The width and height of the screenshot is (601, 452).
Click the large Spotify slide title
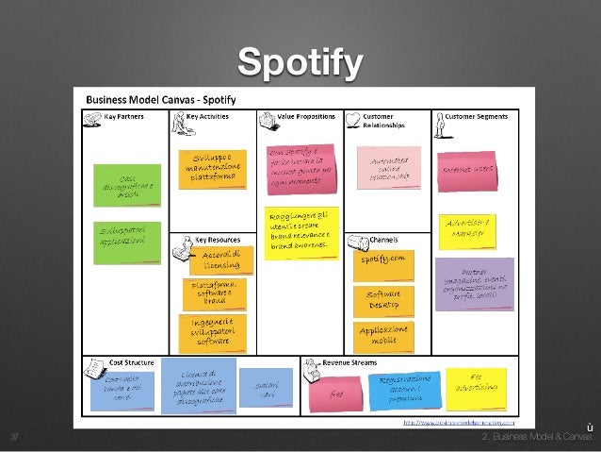click(300, 63)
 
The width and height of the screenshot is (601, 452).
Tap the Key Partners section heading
click(125, 117)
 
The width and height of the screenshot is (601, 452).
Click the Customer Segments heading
click(476, 117)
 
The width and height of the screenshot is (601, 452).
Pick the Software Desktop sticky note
click(383, 300)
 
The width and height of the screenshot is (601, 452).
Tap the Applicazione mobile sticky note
click(383, 336)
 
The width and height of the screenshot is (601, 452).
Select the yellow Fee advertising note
click(475, 388)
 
